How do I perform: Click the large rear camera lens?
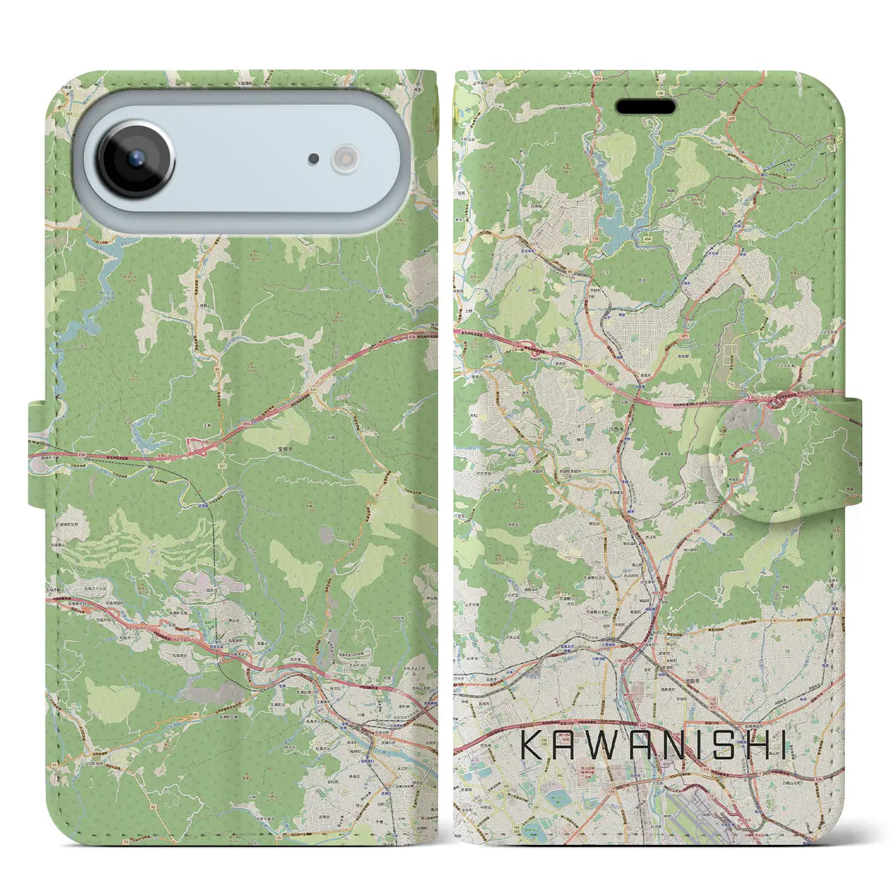135,158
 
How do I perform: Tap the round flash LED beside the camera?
345,158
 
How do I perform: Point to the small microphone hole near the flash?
314,159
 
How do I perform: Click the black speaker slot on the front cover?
645,107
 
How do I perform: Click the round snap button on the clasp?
749,456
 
